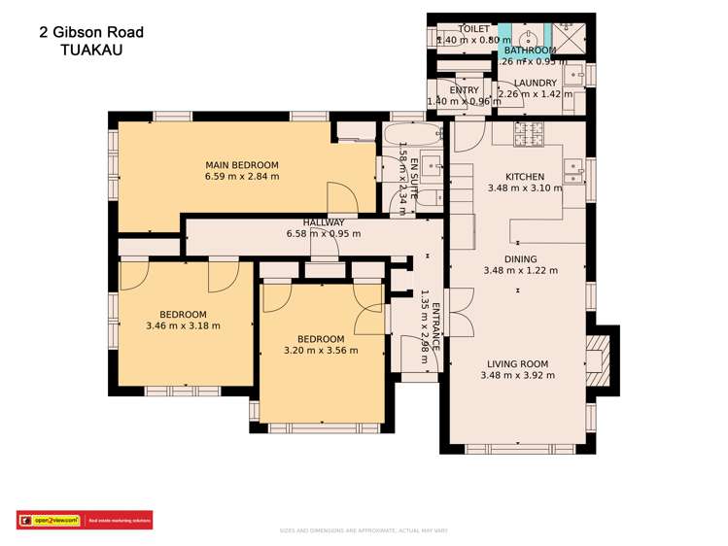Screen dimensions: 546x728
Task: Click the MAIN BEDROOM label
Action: pyautogui.click(x=242, y=164)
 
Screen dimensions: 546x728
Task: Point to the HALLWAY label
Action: pyautogui.click(x=324, y=222)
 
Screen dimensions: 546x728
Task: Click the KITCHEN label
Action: pyautogui.click(x=525, y=177)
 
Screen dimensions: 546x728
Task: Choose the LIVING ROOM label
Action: pyautogui.click(x=517, y=364)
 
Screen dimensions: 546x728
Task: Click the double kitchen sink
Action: pyautogui.click(x=574, y=171)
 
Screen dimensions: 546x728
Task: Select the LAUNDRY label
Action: pyautogui.click(x=536, y=84)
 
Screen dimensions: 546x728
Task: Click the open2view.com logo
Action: pyautogui.click(x=49, y=521)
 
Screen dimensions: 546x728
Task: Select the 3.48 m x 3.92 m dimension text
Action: pyautogui.click(x=517, y=376)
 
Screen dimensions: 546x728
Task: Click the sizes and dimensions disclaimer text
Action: pyautogui.click(x=364, y=531)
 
